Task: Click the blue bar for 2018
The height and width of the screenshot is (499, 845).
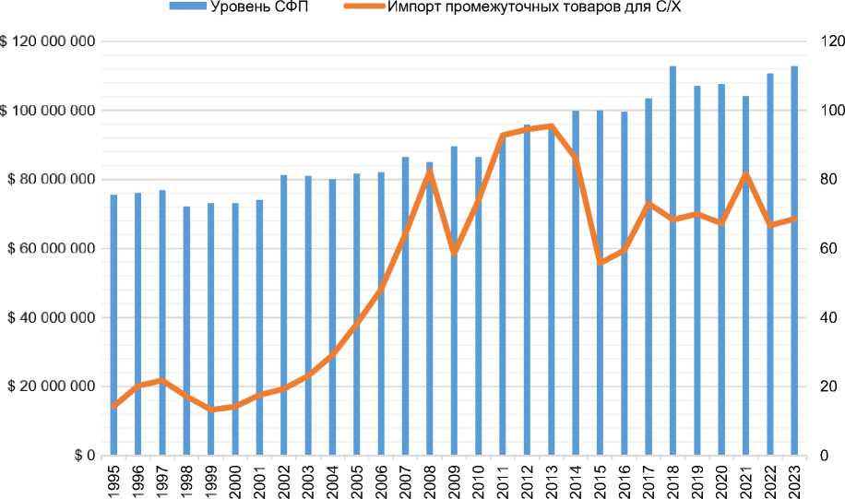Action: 672,267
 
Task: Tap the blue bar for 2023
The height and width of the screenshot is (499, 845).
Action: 793,267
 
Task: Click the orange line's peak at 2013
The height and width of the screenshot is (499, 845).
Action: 551,126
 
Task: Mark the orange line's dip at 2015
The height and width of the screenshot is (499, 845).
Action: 600,262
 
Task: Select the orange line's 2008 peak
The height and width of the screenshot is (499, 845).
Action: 430,172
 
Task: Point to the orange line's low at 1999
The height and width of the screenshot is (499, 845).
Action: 211,409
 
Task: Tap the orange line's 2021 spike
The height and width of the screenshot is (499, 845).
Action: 745,175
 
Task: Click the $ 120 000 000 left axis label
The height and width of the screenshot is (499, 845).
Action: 50,42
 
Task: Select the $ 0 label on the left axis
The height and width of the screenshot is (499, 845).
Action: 84,456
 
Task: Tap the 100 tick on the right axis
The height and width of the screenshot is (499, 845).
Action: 816,111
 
